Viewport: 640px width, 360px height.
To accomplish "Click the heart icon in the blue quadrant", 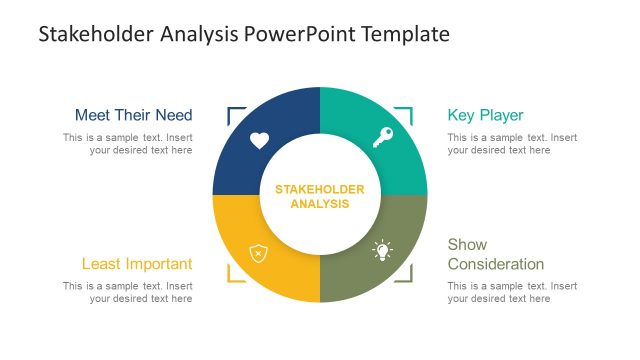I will [x=259, y=140].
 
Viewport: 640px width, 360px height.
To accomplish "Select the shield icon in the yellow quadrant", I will [x=258, y=253].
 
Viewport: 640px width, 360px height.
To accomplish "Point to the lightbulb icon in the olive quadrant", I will [x=382, y=251].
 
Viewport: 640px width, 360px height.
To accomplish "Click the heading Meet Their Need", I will [x=133, y=115].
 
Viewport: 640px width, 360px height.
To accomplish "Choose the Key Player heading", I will [x=485, y=115].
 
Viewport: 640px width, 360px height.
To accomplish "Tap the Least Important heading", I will [x=137, y=264].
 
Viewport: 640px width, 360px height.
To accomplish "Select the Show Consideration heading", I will [x=495, y=254].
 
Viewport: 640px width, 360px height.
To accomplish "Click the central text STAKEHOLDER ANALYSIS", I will [x=320, y=196].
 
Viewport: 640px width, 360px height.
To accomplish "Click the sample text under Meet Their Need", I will [x=128, y=144].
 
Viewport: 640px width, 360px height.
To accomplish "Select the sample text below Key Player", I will [x=512, y=144].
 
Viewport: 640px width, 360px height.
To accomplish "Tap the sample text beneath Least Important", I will [x=128, y=292].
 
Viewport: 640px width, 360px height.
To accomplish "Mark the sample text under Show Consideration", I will [x=512, y=292].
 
